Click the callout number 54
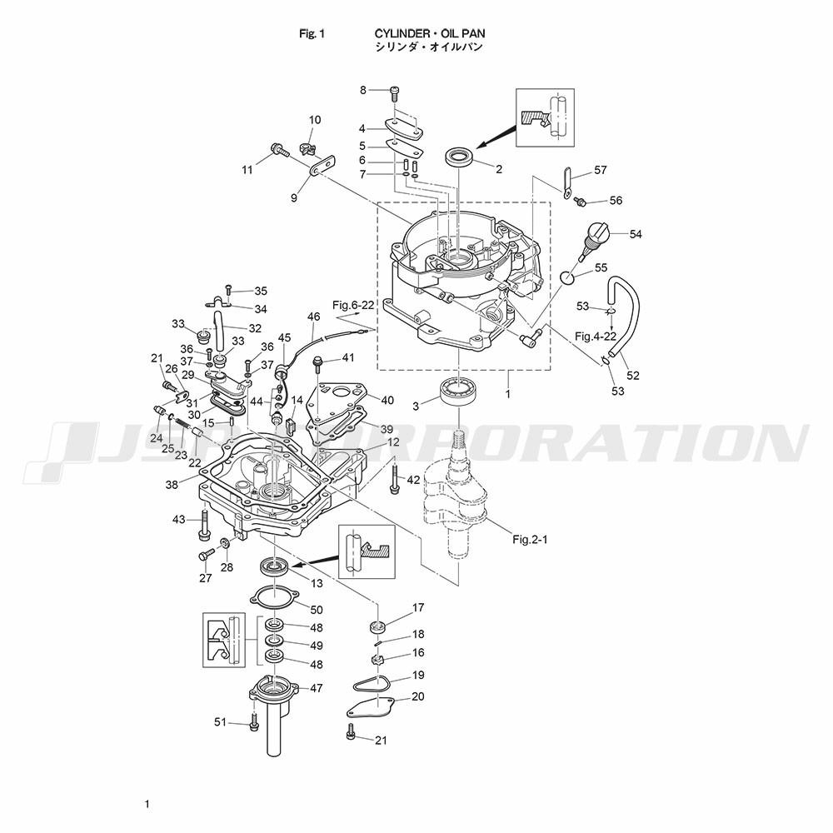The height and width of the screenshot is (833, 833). tap(636, 234)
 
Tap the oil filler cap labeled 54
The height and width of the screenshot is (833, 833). tap(596, 236)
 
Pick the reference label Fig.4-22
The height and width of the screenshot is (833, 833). tap(596, 336)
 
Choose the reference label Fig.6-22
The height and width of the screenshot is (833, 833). tap(353, 306)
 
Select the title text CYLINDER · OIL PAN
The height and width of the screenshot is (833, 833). tap(430, 33)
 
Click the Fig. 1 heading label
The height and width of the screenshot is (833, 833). tap(312, 33)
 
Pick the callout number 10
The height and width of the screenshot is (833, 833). tap(315, 120)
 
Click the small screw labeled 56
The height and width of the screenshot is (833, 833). tap(582, 202)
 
